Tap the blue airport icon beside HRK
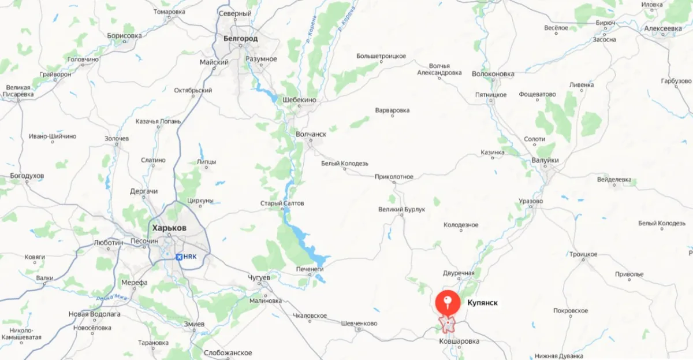pos(178,256)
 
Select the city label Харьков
pos(168,228)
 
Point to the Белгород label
pos(240,38)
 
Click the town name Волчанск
pos(311,134)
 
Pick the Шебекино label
pos(300,100)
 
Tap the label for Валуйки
pos(545,160)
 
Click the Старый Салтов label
pos(282,203)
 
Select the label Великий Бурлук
pos(401,209)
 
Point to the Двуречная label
pos(459,273)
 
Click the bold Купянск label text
pos(482,302)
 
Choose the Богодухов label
pos(27,175)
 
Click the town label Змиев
pos(194,324)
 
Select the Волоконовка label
pos(493,74)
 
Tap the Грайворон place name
pos(55,75)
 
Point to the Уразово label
pos(531,201)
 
